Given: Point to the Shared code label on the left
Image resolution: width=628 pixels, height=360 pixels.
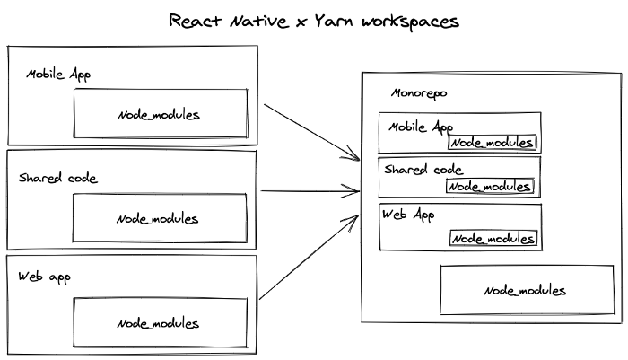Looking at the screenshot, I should [57, 178].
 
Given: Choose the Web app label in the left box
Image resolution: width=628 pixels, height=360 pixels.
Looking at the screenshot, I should [45, 277].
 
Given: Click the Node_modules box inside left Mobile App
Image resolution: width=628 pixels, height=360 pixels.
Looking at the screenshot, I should [159, 114].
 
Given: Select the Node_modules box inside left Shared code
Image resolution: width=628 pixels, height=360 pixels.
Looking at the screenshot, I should [159, 218].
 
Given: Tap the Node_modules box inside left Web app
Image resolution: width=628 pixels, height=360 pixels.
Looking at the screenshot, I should [159, 322].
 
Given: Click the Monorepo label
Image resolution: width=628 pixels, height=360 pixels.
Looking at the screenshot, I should [420, 93].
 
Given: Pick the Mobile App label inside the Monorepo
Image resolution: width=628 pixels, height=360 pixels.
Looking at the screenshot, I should [421, 127].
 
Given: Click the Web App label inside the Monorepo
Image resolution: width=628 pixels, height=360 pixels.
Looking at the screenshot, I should [408, 215].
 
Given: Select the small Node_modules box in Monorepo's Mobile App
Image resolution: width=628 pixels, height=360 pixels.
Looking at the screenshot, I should [493, 143].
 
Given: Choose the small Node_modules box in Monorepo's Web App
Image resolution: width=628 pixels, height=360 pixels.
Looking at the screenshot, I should [493, 238].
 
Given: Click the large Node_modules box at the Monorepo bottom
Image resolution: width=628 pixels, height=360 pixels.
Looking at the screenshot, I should [525, 290].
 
